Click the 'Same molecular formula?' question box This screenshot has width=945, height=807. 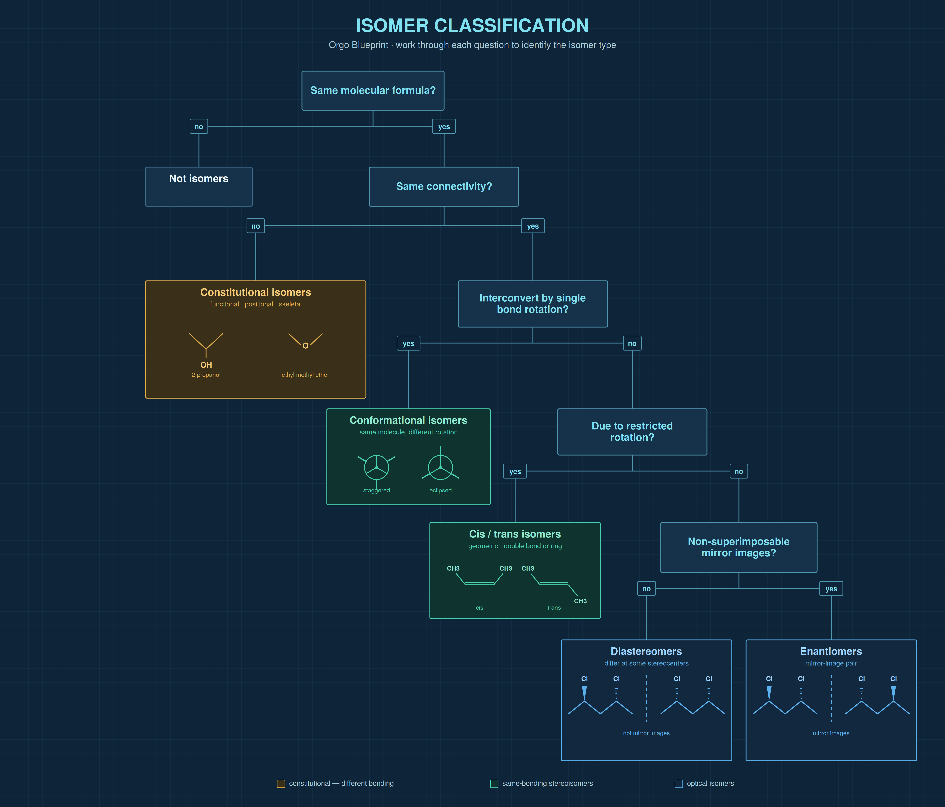[373, 90]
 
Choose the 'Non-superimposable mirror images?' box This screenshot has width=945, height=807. [739, 547]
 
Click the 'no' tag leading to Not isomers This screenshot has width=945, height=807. [199, 126]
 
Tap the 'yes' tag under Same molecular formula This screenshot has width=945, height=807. [444, 126]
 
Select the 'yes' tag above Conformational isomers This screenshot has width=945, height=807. [408, 343]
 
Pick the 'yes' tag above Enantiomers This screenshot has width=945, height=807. [831, 588]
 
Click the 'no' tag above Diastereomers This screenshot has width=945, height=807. [646, 588]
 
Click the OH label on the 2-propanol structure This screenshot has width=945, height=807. [206, 365]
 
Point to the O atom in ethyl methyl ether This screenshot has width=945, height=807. [306, 346]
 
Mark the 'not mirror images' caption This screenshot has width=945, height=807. [646, 733]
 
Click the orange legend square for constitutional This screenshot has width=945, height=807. [281, 784]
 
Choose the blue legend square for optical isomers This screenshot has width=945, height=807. [679, 784]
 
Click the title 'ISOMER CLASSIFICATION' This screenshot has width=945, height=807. [472, 26]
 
